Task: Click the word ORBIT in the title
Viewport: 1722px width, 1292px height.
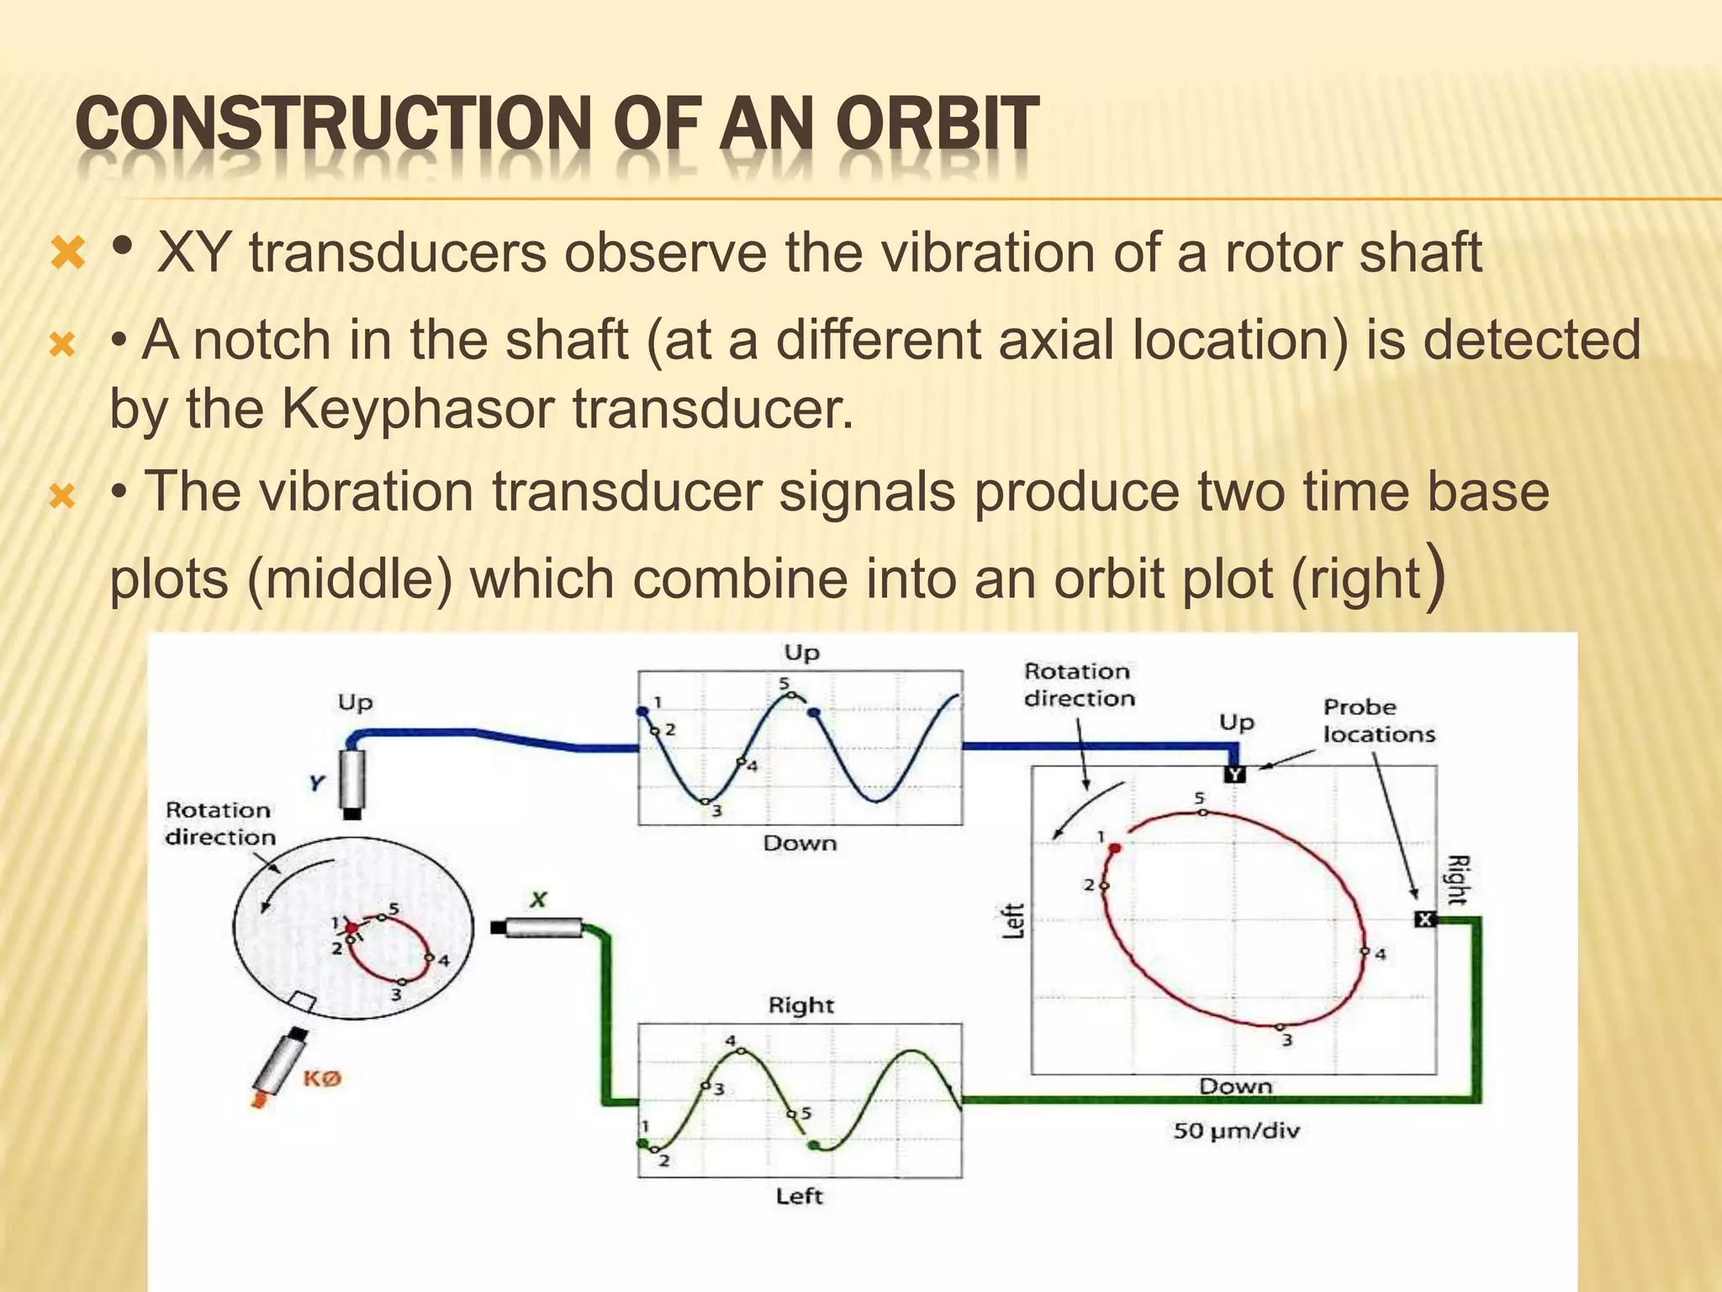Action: click(x=938, y=124)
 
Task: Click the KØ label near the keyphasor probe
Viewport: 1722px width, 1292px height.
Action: click(x=322, y=1078)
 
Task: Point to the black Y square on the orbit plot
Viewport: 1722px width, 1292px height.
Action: click(x=1233, y=774)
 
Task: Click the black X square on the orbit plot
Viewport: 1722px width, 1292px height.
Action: click(x=1424, y=919)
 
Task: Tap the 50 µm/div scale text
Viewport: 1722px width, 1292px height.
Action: click(x=1236, y=1130)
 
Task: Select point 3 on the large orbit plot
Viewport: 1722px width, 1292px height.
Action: click(x=1279, y=1027)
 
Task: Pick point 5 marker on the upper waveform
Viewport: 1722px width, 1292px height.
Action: click(x=790, y=695)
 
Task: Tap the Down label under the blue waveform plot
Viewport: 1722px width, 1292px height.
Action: click(x=800, y=844)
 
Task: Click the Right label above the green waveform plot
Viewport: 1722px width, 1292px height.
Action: click(x=800, y=1005)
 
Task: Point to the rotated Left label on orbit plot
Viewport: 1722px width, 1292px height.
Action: click(x=1015, y=920)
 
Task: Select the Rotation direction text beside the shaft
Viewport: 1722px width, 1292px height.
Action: click(x=219, y=823)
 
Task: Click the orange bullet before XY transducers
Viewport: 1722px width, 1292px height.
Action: click(x=67, y=253)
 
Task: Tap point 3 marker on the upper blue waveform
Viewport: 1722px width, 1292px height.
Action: click(x=706, y=802)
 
